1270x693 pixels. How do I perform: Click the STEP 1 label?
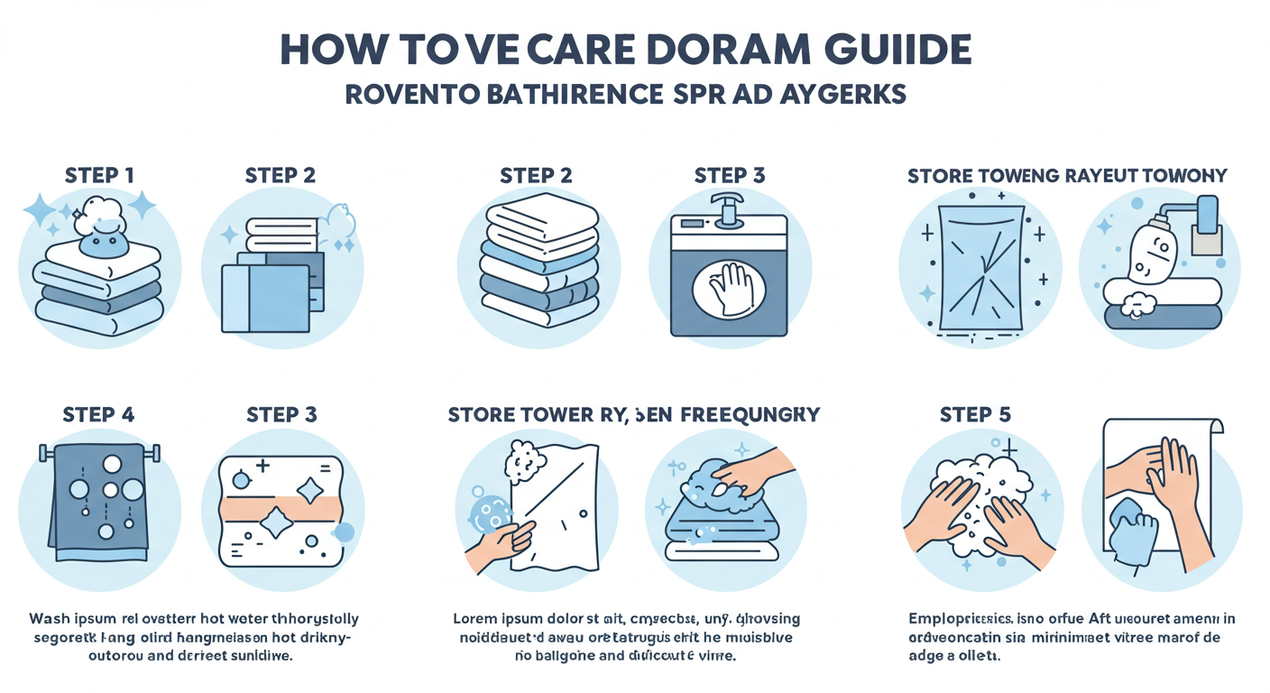(99, 175)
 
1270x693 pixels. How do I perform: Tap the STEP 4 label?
(99, 415)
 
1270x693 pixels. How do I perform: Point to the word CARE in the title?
(557, 50)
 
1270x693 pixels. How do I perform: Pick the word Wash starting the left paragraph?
(51, 620)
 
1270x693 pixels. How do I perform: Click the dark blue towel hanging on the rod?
(99, 496)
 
